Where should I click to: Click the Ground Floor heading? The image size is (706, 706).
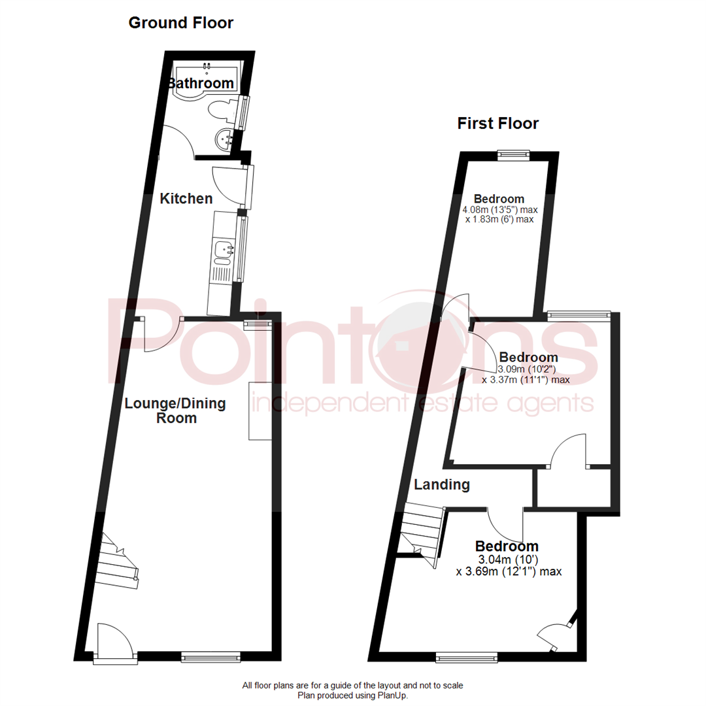pyautogui.click(x=181, y=23)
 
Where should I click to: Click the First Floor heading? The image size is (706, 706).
pyautogui.click(x=498, y=124)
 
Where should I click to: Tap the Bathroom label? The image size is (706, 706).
pyautogui.click(x=201, y=83)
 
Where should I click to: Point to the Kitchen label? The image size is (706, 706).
pyautogui.click(x=186, y=199)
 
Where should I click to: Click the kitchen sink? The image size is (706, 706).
pyautogui.click(x=224, y=252)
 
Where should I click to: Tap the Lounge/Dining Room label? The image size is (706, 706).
pyautogui.click(x=175, y=411)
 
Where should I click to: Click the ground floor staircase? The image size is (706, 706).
pyautogui.click(x=118, y=561)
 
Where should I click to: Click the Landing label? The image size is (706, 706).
pyautogui.click(x=442, y=484)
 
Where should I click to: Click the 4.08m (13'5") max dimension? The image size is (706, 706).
pyautogui.click(x=500, y=210)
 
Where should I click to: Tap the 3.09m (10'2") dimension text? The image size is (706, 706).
pyautogui.click(x=527, y=369)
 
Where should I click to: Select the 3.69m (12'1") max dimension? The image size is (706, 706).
pyautogui.click(x=509, y=572)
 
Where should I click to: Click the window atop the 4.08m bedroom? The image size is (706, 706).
pyautogui.click(x=513, y=156)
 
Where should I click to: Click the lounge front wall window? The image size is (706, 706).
pyautogui.click(x=210, y=658)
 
